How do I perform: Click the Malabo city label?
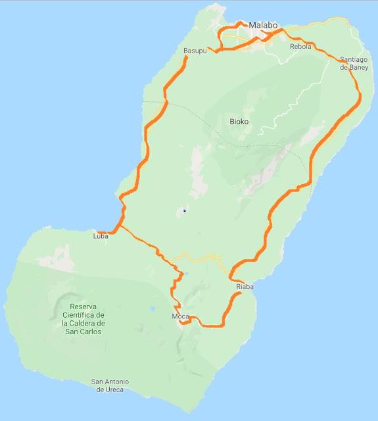click(263, 26)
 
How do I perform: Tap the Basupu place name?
click(195, 51)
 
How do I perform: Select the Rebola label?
click(301, 47)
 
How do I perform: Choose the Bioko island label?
click(239, 122)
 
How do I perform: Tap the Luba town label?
click(101, 235)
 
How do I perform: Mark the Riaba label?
click(245, 287)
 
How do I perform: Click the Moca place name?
click(180, 317)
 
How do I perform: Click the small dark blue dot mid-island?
click(185, 210)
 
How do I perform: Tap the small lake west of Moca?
click(153, 308)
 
